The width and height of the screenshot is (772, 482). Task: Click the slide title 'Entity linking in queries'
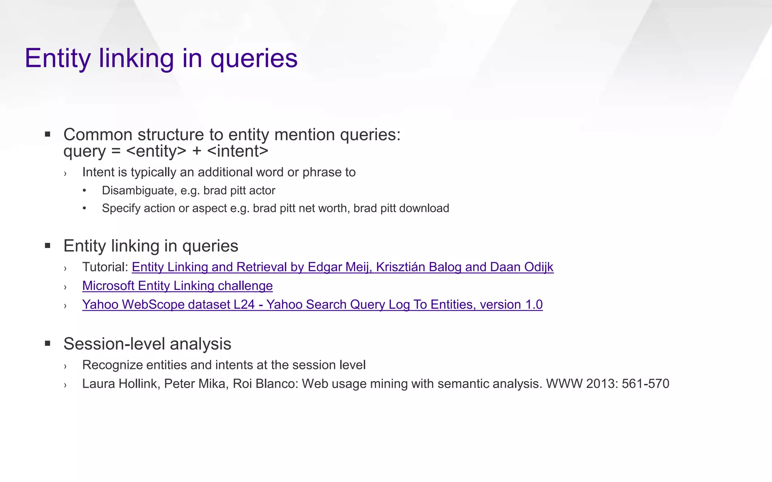(x=161, y=58)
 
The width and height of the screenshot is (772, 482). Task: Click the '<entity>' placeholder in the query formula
(x=156, y=151)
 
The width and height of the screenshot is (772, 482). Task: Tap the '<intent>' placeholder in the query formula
(x=237, y=151)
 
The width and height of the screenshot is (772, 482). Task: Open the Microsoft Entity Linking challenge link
(x=177, y=286)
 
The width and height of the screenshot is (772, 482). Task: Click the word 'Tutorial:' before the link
(x=105, y=267)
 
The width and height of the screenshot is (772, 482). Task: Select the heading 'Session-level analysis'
(x=147, y=344)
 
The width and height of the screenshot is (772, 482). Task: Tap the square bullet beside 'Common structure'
(x=47, y=134)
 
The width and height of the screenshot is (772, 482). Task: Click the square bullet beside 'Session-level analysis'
(x=47, y=343)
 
